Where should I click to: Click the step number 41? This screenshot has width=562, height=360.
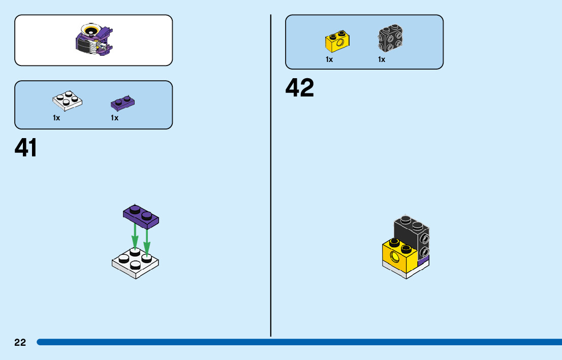coord(26,148)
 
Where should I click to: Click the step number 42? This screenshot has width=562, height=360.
coord(300,88)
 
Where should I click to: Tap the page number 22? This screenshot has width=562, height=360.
coord(20,343)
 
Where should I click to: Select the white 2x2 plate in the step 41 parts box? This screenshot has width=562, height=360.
coord(67,101)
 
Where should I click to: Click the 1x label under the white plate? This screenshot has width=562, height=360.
coord(56,118)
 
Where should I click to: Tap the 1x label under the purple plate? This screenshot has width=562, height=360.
coord(115,118)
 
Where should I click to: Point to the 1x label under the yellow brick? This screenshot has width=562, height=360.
coord(329,59)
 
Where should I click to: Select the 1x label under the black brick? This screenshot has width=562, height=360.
coord(382,59)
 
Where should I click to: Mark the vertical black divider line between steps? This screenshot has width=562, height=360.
coord(271,178)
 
